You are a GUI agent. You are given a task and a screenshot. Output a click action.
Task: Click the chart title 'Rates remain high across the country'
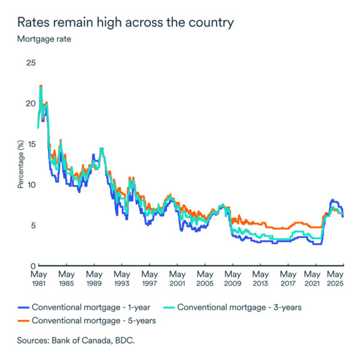(125, 23)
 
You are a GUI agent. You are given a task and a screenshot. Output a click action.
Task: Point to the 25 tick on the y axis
(31, 63)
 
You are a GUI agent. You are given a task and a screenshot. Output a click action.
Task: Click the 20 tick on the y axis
(31, 103)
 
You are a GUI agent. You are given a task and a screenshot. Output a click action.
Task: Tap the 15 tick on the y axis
(31, 144)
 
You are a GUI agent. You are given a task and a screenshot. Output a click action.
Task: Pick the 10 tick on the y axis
(31, 185)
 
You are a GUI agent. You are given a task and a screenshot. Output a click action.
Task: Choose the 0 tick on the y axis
(33, 266)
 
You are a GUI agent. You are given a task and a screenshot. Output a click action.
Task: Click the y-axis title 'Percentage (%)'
(20, 164)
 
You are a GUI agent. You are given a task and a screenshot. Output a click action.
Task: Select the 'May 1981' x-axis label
(39, 279)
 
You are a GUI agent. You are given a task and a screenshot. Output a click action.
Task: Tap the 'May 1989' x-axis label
(94, 279)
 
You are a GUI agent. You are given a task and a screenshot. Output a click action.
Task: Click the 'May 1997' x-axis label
(150, 279)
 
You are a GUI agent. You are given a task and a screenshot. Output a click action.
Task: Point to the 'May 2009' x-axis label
(232, 279)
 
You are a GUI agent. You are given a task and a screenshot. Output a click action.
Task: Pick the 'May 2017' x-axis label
(287, 279)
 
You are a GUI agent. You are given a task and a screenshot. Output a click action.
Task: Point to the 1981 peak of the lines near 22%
(41, 86)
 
